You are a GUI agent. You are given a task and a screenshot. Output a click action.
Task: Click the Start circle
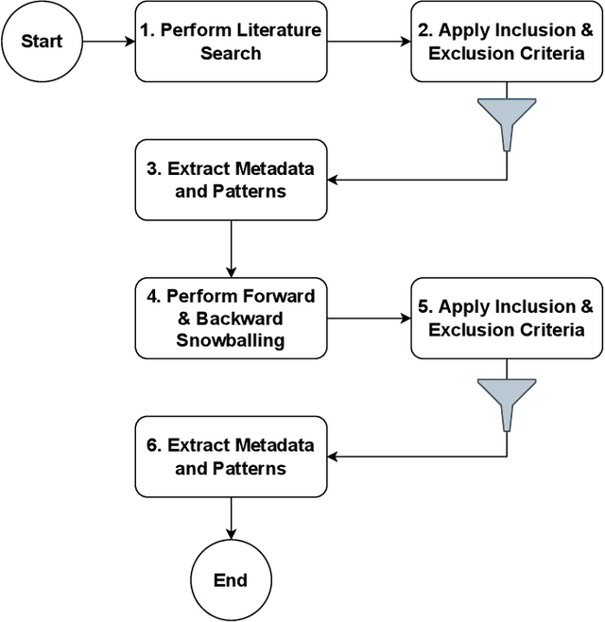(42, 42)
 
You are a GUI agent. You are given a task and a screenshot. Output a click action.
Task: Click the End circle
(231, 579)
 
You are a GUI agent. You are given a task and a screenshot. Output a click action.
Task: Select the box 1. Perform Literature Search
(231, 42)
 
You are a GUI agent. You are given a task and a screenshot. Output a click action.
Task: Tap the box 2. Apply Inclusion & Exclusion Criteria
(506, 42)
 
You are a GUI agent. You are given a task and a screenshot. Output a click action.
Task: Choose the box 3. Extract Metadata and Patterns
(231, 179)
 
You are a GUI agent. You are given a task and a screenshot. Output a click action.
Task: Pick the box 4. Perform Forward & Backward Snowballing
(231, 319)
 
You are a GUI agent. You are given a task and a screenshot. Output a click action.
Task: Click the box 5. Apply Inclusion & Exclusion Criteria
(506, 319)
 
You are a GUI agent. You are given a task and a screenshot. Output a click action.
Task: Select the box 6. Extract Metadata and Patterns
(231, 456)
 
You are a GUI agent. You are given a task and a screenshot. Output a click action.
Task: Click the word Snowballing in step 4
(231, 340)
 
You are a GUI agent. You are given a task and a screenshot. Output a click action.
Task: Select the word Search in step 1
(231, 53)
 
